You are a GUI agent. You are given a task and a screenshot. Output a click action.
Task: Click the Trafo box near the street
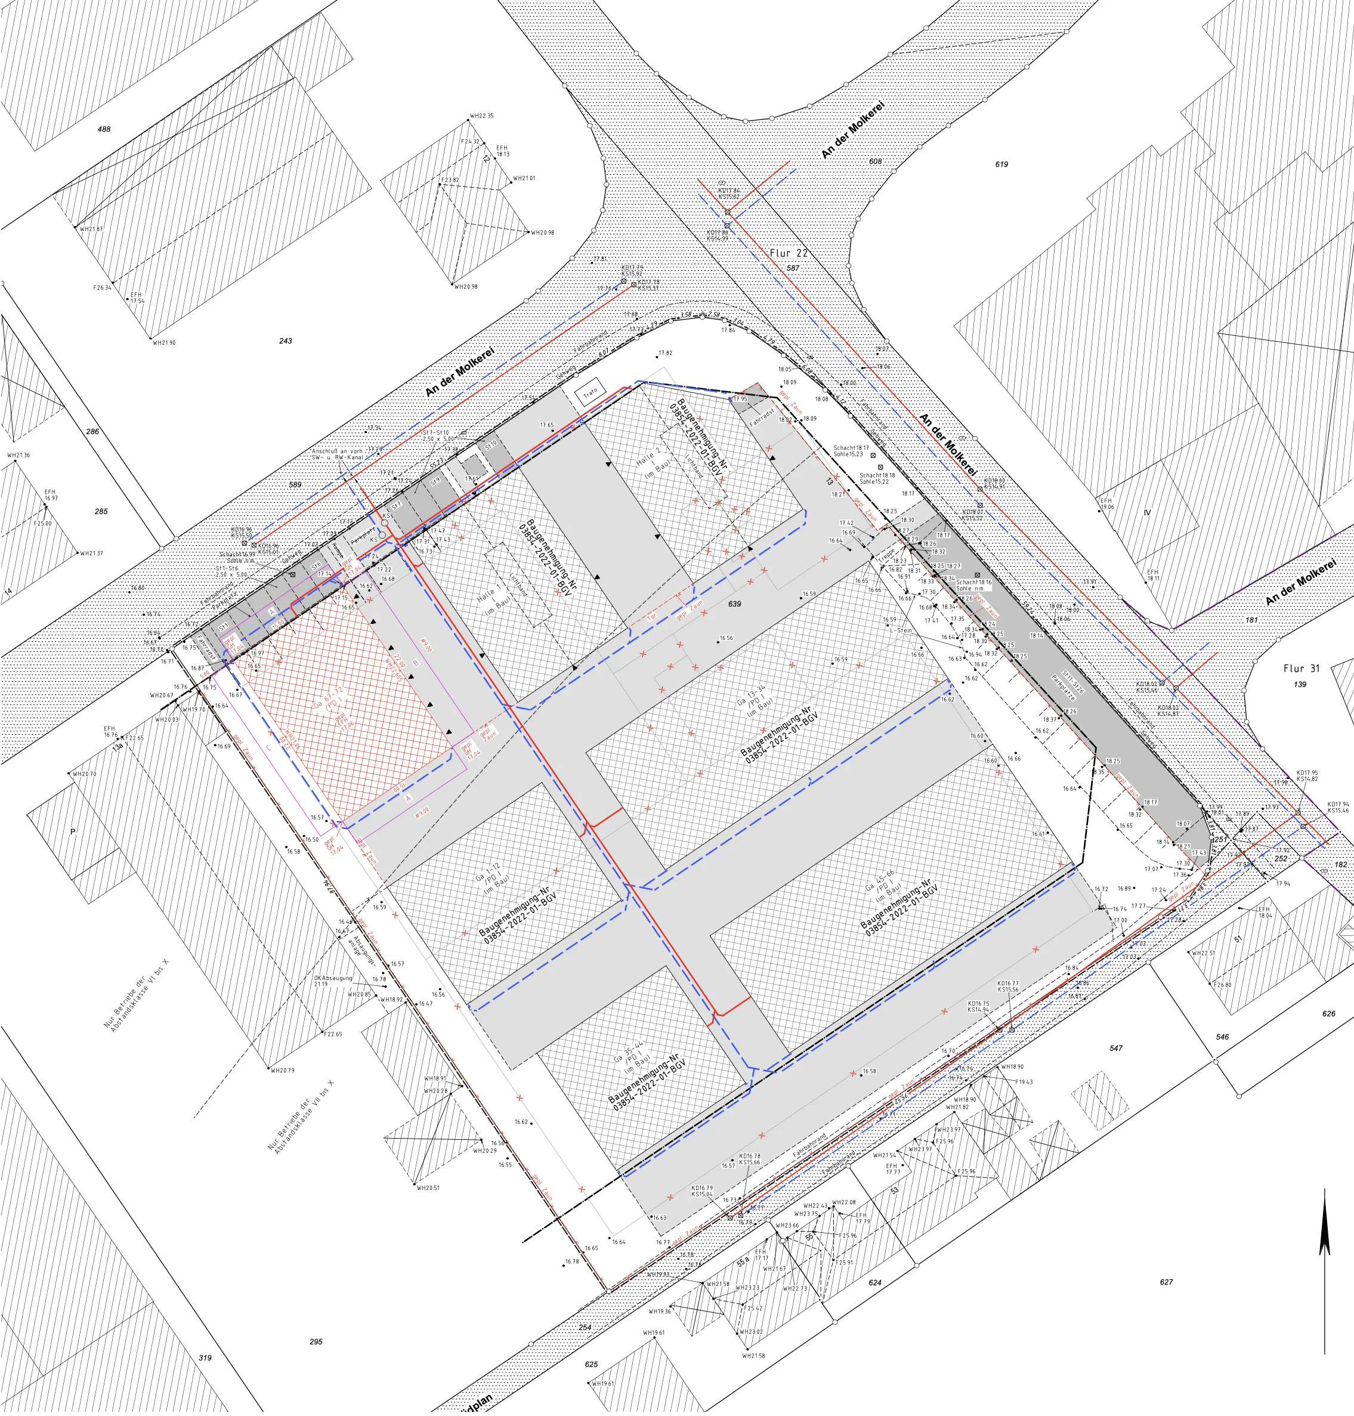click(591, 392)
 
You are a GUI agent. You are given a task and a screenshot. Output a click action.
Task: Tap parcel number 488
click(104, 129)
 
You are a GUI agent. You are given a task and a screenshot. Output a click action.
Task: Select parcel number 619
click(1001, 165)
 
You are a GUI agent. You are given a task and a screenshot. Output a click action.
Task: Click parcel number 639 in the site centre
click(734, 604)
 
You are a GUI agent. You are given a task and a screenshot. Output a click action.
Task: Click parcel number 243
click(285, 341)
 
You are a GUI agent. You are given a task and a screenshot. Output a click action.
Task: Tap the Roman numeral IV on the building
click(1147, 513)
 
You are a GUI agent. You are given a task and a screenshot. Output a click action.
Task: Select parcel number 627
click(1166, 1282)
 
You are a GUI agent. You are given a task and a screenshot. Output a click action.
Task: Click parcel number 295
click(316, 1341)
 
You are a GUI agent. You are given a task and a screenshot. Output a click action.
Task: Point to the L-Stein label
click(901, 630)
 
